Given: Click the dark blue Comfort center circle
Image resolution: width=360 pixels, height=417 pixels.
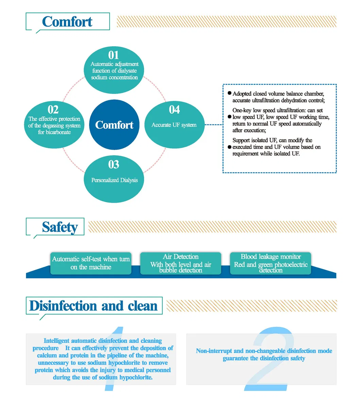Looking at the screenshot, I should click(114, 125).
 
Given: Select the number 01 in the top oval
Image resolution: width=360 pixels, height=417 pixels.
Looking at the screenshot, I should click(114, 55).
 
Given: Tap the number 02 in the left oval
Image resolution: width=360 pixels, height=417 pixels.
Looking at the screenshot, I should click(53, 110).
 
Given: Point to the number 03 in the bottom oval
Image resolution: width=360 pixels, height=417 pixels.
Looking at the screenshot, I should click(114, 165).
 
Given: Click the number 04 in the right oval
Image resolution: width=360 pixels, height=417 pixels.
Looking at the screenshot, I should click(174, 110).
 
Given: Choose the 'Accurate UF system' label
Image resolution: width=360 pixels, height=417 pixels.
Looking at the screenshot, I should click(174, 125).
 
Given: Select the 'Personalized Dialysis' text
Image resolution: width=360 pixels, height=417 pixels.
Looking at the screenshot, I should click(114, 180).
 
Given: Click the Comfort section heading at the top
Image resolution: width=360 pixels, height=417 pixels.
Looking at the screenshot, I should click(67, 22).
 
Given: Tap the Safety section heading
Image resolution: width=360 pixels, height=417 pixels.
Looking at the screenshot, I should click(60, 227).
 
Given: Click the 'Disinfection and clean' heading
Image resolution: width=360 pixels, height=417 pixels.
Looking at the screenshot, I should click(93, 306).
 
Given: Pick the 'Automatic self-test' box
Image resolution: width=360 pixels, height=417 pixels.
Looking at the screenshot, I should click(91, 263).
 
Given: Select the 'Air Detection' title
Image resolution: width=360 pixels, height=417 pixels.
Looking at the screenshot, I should click(181, 257).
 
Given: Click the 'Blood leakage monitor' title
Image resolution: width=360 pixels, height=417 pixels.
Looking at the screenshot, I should click(271, 257).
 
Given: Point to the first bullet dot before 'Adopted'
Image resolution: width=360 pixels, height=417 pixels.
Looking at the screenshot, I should click(229, 93).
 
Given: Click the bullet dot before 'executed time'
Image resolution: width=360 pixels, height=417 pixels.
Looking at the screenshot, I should click(229, 147).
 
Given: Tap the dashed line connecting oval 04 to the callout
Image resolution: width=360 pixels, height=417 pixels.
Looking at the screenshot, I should click(213, 125).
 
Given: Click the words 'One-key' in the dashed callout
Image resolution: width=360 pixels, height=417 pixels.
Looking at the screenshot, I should click(242, 111).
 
